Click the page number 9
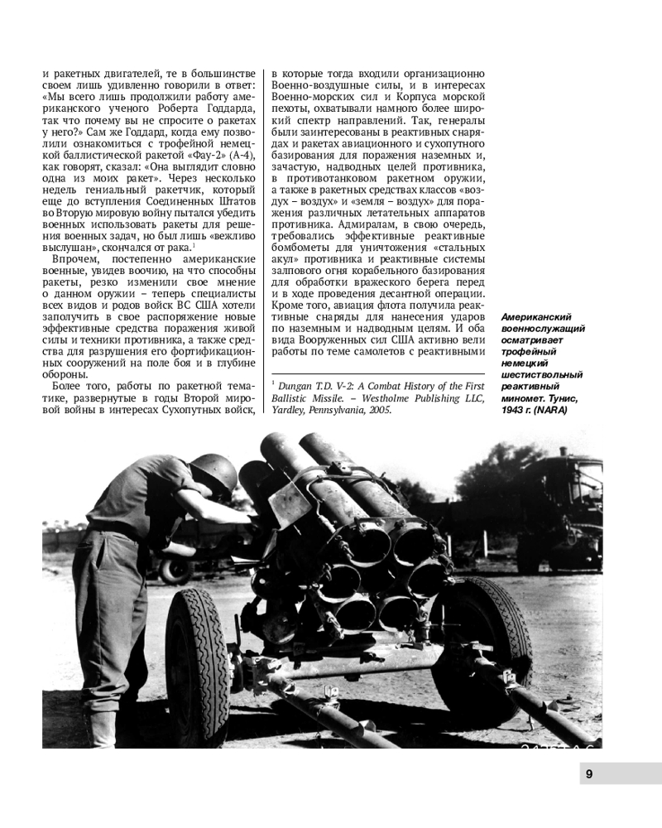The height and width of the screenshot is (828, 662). point(588,774)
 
